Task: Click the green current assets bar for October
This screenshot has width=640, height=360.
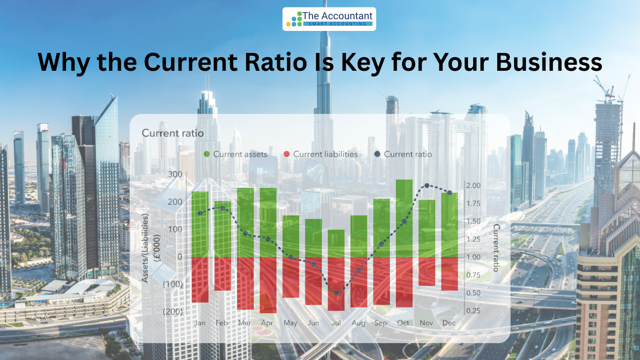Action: point(404,218)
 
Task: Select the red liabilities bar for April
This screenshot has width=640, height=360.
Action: point(268,285)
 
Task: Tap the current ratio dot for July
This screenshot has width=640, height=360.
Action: point(336,293)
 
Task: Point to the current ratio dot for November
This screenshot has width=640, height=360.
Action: point(427,186)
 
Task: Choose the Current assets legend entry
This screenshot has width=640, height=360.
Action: point(235,154)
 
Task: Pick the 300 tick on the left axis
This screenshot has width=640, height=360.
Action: point(175,174)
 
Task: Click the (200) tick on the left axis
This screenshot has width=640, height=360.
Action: point(172,311)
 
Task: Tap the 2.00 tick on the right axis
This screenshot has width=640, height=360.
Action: point(473,186)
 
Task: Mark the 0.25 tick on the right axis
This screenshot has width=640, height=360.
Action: point(473,311)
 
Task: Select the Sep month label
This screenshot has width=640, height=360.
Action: point(380,323)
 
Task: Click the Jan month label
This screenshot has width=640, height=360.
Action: point(200,323)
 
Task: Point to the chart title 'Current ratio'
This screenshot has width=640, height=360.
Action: point(172,133)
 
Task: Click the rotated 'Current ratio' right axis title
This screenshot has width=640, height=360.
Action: point(496,247)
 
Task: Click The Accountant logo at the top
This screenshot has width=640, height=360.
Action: point(329,19)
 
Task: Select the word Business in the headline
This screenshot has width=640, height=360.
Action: point(549,62)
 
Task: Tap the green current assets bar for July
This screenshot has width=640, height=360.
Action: point(336,244)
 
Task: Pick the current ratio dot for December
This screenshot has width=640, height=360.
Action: point(449,193)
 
